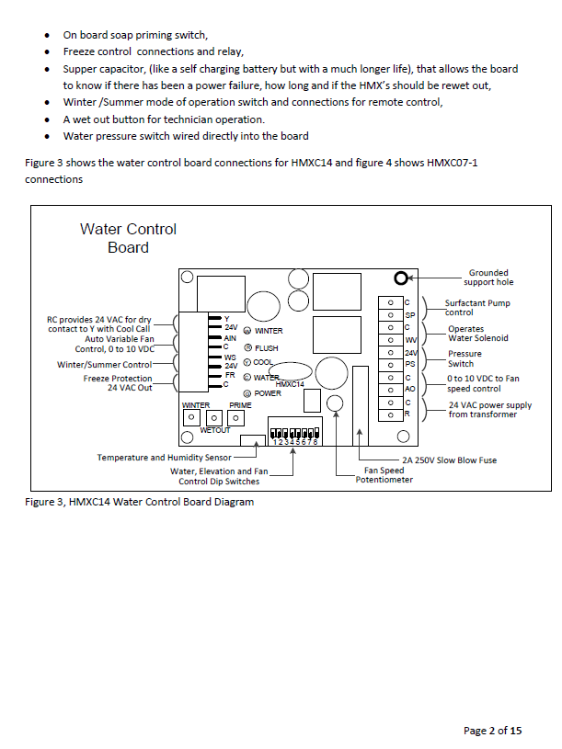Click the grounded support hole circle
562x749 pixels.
pyautogui.click(x=401, y=278)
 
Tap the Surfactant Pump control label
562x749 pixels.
pyautogui.click(x=476, y=308)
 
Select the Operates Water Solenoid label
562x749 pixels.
pyautogui.click(x=477, y=333)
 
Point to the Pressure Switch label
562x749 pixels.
pyautogui.click(x=464, y=357)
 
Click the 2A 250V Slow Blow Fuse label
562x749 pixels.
pyautogui.click(x=449, y=460)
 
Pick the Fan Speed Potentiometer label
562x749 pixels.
pyautogui.click(x=384, y=475)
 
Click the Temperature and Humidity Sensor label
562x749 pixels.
pyautogui.click(x=165, y=457)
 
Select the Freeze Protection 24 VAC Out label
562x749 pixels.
pyautogui.click(x=117, y=382)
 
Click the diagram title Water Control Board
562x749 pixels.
pyautogui.click(x=128, y=238)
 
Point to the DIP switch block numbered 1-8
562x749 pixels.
pyautogui.click(x=293, y=431)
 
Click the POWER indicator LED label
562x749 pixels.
pyautogui.click(x=268, y=393)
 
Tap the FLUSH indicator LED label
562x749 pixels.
pyautogui.click(x=266, y=348)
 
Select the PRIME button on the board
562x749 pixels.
pyautogui.click(x=236, y=417)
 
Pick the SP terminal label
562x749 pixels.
pyautogui.click(x=410, y=314)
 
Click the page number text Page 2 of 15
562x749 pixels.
pyautogui.click(x=492, y=731)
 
